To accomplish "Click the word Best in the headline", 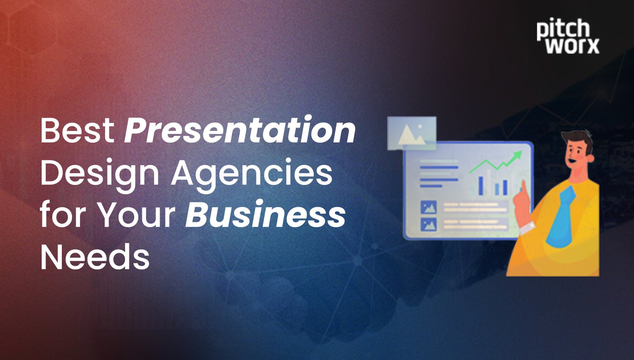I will pyautogui.click(x=77, y=130).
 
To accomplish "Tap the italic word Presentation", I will pyautogui.click(x=240, y=130).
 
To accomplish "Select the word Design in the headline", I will pyautogui.click(x=99, y=173).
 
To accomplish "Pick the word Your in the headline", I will pyautogui.click(x=137, y=215).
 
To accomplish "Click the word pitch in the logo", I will pyautogui.click(x=563, y=29).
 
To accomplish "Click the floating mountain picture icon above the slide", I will pyautogui.click(x=412, y=133).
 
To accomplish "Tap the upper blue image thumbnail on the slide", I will pyautogui.click(x=428, y=207).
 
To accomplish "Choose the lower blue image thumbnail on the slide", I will pyautogui.click(x=428, y=224).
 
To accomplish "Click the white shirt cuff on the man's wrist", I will pyautogui.click(x=527, y=228).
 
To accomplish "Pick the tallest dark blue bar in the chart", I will pyautogui.click(x=481, y=185).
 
